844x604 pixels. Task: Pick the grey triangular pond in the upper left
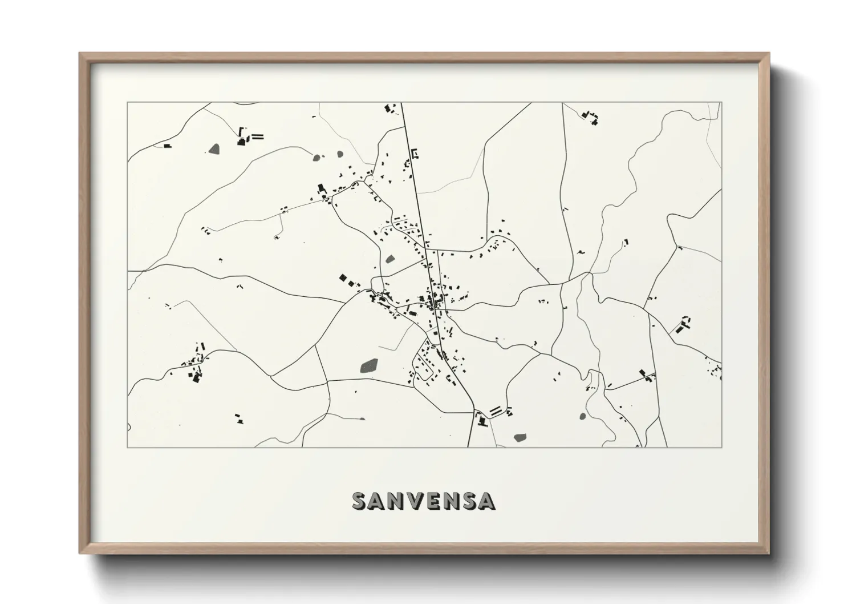pos(214,149)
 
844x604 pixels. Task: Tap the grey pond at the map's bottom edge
pos(520,438)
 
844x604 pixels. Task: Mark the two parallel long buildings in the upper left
pos(258,136)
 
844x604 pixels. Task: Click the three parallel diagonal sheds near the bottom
pos(497,410)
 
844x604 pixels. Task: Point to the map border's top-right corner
pos(721,102)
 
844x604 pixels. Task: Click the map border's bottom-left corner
pos(128,447)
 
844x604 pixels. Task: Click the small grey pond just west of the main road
pos(390,259)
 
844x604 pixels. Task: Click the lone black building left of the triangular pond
pos(167,146)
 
